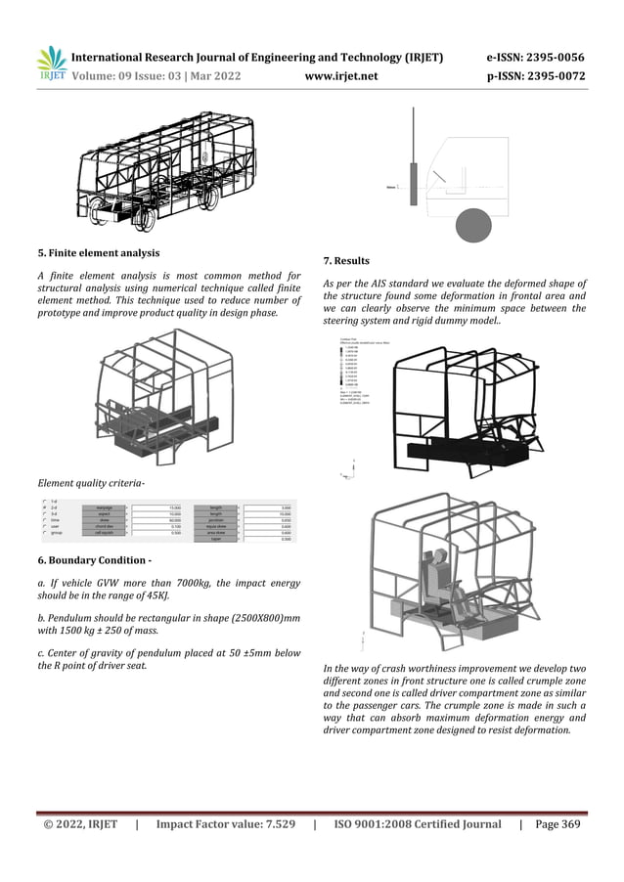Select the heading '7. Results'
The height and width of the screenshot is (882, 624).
click(345, 261)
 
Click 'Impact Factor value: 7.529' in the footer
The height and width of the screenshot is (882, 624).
click(225, 824)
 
